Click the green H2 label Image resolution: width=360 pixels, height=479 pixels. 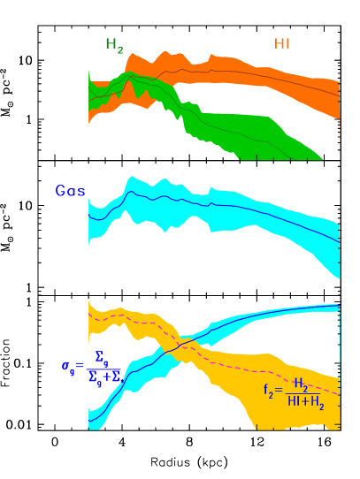coord(114,44)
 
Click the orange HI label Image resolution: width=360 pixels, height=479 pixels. coord(282,43)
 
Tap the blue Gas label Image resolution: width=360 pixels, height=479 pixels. coord(71,190)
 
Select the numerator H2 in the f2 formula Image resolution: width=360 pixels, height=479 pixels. coord(302,384)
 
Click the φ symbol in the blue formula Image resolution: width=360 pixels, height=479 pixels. coord(66,366)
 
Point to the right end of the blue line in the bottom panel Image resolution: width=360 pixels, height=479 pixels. coord(340,308)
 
